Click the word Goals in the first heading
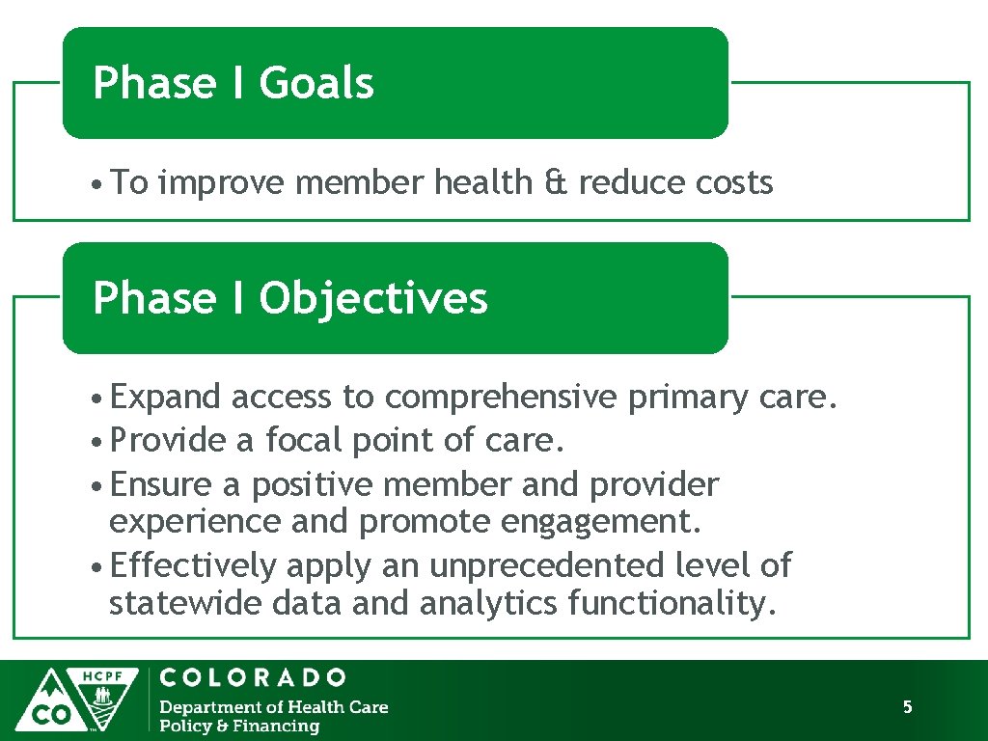pyautogui.click(x=316, y=83)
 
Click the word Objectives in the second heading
pyautogui.click(x=372, y=298)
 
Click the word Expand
pyautogui.click(x=166, y=397)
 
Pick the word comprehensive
pyautogui.click(x=501, y=398)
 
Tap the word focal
pyautogui.click(x=304, y=440)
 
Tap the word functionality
pyautogui.click(x=672, y=604)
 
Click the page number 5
pyautogui.click(x=907, y=707)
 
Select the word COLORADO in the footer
pyautogui.click(x=253, y=677)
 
